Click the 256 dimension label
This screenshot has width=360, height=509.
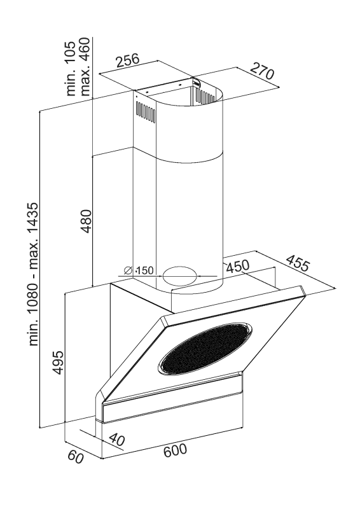pos(128,60)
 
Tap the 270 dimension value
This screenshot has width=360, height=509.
pos(262,71)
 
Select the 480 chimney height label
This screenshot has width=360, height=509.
pos(87,221)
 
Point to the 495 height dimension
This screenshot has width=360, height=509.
pos(58,362)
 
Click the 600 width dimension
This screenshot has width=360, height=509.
pos(176,450)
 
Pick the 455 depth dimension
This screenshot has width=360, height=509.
pos(297,263)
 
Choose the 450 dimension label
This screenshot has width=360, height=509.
pos(238,267)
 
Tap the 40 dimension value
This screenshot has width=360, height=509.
pos(116,440)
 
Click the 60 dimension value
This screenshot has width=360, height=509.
pos(76,457)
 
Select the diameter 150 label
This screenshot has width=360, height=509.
pos(139,270)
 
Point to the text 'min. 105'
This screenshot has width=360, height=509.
pos(71,69)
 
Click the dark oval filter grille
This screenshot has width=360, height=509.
pos(205,348)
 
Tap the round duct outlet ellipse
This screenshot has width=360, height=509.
pos(180,276)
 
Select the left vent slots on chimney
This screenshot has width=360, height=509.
pos(146,113)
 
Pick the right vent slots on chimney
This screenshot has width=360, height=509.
pos(205,97)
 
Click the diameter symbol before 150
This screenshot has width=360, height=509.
pos(128,270)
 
